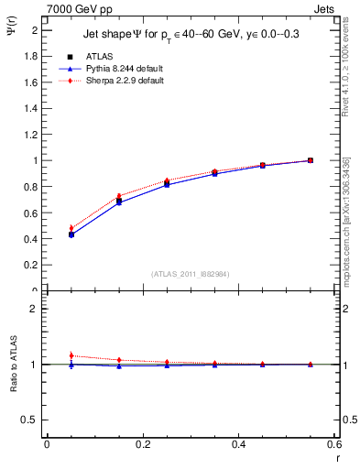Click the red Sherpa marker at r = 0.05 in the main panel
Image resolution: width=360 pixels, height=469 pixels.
(x=71, y=228)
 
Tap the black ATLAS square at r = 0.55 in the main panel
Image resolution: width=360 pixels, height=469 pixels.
(x=311, y=160)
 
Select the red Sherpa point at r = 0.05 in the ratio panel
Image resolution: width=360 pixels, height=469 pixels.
(x=71, y=355)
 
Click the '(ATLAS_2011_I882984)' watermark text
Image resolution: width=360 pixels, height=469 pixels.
(x=190, y=273)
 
